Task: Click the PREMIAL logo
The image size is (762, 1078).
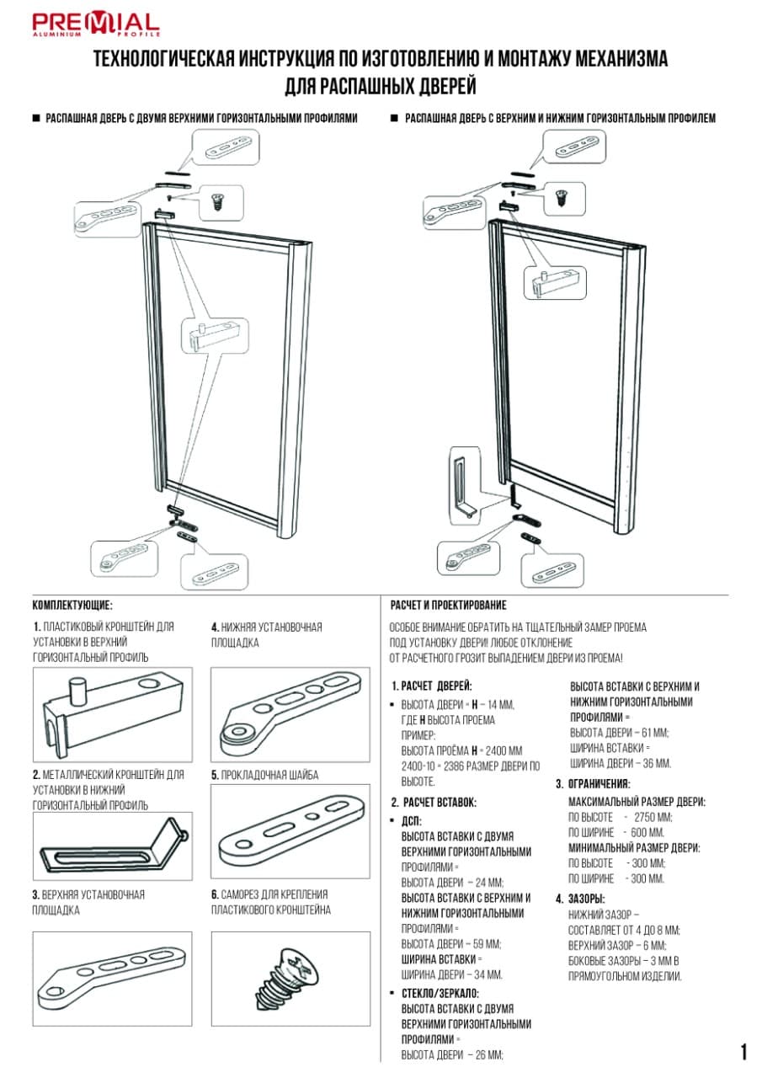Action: (95, 24)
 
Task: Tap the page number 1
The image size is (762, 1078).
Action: (743, 1051)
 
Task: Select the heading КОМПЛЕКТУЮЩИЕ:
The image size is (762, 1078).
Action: (72, 605)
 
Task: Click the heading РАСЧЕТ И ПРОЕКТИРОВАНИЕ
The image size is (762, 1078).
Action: (448, 605)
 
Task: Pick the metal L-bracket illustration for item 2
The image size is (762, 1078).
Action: (112, 847)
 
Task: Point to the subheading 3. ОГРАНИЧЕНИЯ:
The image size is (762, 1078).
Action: (593, 784)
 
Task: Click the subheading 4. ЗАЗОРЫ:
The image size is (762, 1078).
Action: (580, 899)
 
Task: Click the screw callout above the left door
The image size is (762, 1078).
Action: (221, 202)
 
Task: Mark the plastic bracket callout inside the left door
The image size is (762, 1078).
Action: (216, 335)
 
